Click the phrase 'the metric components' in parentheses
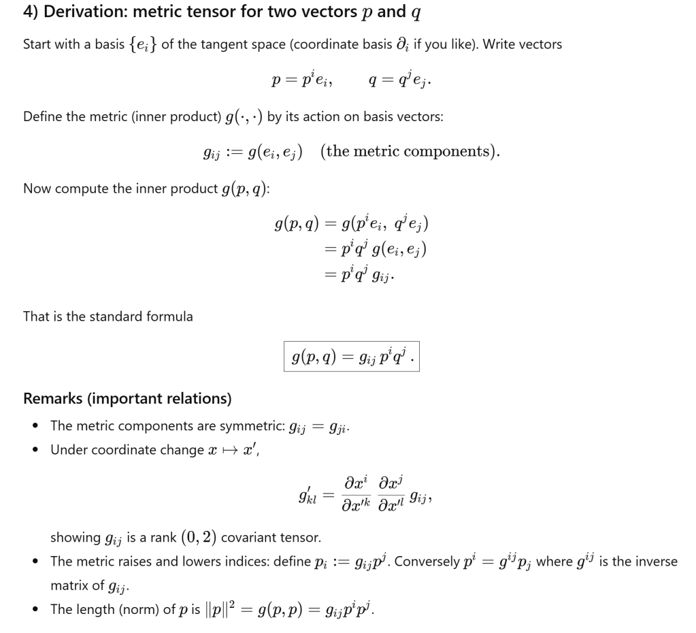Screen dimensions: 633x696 click(411, 151)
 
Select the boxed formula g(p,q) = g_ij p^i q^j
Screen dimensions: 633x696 click(351, 356)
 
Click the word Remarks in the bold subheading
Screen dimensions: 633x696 click(55, 398)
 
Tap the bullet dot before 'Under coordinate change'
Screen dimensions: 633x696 click(35, 451)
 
